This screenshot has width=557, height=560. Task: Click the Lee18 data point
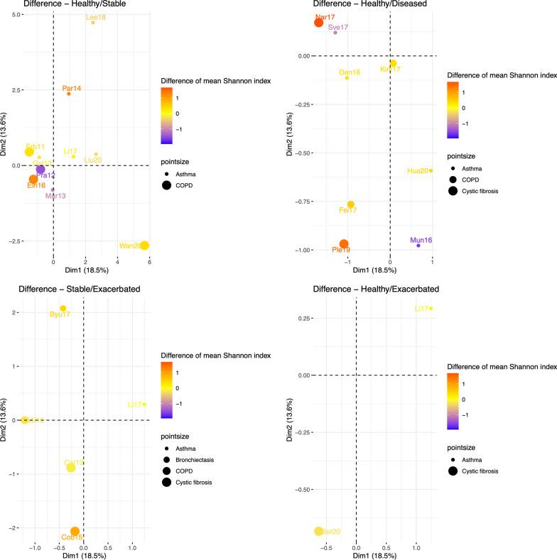point(93,23)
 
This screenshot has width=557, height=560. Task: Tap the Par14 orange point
point(69,94)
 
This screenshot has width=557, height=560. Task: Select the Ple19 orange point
point(344,244)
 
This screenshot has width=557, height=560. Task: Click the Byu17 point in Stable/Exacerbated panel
point(63,309)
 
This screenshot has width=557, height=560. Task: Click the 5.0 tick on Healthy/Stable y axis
point(21,13)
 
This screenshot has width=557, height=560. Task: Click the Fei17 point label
point(347,210)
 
